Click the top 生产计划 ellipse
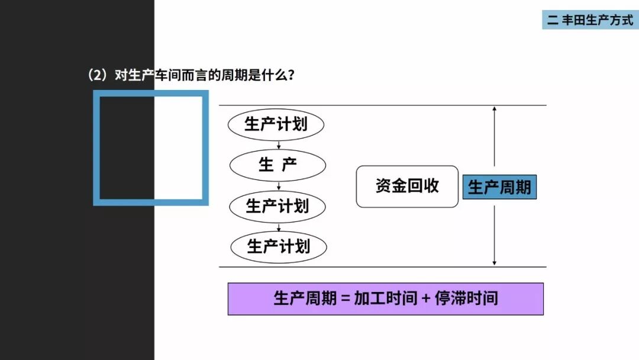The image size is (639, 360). click(276, 124)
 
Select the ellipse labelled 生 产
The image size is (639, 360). click(277, 165)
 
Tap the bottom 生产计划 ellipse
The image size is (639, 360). click(279, 246)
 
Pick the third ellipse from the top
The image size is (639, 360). click(277, 206)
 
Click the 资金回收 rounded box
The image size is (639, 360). click(407, 186)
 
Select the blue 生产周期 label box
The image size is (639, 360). click(499, 188)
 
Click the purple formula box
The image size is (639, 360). click(385, 298)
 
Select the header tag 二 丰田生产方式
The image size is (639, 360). click(590, 20)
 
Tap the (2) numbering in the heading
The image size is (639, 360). click(96, 76)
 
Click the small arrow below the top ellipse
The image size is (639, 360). click(278, 145)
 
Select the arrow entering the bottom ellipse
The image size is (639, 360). click(278, 227)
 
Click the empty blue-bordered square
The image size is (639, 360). click(151, 147)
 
